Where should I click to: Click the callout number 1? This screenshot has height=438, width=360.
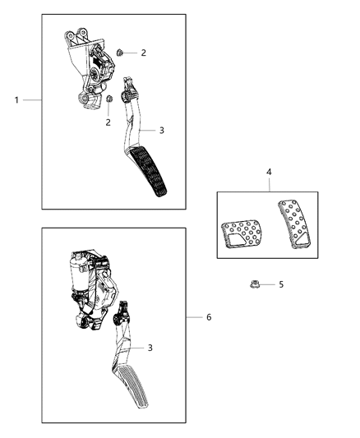pos(16,99)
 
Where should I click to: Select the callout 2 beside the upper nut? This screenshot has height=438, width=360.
pos(143,53)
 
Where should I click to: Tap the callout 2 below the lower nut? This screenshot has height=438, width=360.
pos(108,122)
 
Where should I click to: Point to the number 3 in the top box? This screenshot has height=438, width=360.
pos(162,130)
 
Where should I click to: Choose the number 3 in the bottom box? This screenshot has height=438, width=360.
pos(150,348)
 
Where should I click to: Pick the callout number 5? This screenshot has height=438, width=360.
pos(281,284)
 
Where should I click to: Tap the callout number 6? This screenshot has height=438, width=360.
pos(209,316)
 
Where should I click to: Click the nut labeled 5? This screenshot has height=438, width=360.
pos(254,284)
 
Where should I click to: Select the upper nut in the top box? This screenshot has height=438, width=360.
pos(120,53)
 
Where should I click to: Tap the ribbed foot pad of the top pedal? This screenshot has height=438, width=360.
pos(150,180)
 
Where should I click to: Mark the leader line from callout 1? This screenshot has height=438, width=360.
pos(32,99)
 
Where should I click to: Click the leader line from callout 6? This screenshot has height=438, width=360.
pos(195,316)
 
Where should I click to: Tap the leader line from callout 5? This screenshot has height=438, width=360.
pos(268,284)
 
